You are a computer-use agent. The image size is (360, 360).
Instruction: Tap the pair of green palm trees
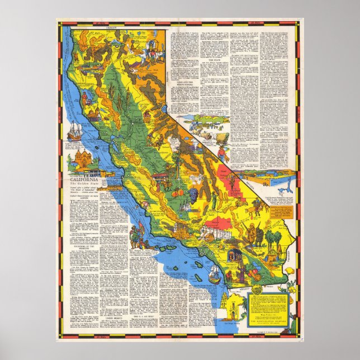tap(273, 240)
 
